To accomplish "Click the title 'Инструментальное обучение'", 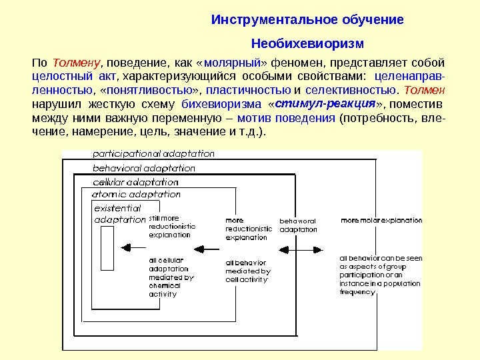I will [x=307, y=19].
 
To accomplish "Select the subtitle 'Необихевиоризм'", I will [x=307, y=45].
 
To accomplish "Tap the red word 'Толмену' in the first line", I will [x=76, y=63].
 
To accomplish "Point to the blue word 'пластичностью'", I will [x=248, y=90].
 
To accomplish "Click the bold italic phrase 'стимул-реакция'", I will [x=325, y=104].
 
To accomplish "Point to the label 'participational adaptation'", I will [x=153, y=154].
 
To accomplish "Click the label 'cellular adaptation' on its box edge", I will [x=135, y=182].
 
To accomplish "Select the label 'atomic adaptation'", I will [x=136, y=195].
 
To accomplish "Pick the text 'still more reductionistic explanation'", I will [x=172, y=226].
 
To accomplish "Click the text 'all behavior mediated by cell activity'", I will [x=247, y=271].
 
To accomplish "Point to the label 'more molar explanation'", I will [x=381, y=219].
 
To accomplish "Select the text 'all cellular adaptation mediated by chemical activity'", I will [x=171, y=277].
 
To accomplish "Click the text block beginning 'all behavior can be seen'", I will [x=380, y=275].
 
